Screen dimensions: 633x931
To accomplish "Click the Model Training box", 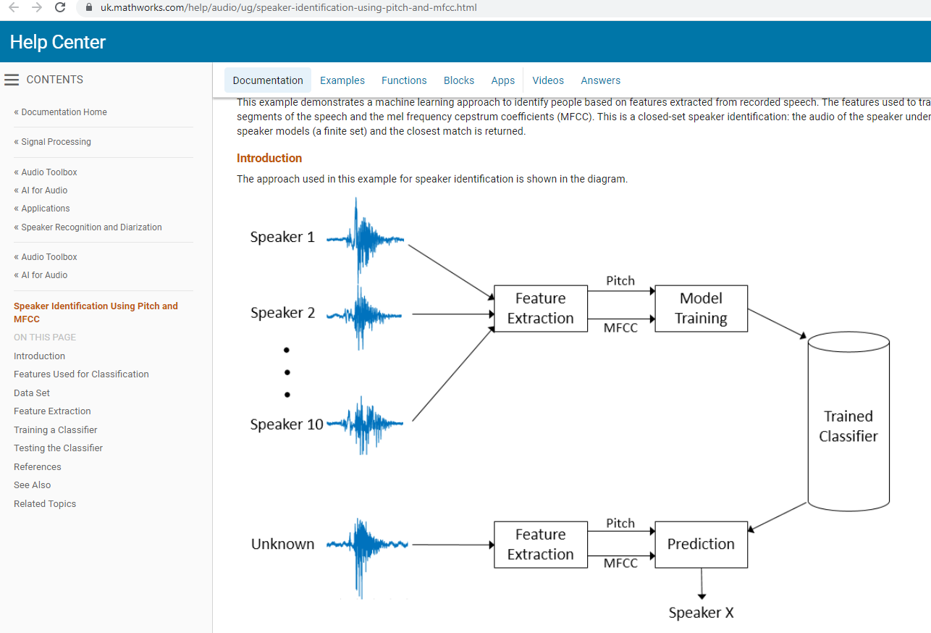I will [x=701, y=309].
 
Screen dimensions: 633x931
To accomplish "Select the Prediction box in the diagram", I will [x=701, y=545].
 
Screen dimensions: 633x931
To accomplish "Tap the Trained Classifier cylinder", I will [x=848, y=426].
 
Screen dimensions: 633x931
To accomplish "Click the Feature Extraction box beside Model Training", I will [x=540, y=309].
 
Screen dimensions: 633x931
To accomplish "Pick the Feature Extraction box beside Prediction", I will [x=540, y=545].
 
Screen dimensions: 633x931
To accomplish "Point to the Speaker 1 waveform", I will [x=365, y=238].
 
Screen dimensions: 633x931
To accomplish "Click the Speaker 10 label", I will [x=287, y=424].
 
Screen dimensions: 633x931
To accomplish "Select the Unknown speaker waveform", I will [x=366, y=545].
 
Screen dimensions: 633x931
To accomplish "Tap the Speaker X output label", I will [x=701, y=613].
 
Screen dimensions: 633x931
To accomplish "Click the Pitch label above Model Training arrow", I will [x=620, y=281].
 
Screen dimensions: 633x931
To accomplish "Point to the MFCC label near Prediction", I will [x=620, y=563].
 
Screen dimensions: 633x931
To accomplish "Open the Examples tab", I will [x=342, y=80].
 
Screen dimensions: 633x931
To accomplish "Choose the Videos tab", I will [x=548, y=80].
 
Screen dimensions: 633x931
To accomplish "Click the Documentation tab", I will [x=268, y=80].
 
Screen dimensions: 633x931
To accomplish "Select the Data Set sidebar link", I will [x=32, y=393].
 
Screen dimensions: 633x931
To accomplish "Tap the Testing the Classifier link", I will [x=58, y=448].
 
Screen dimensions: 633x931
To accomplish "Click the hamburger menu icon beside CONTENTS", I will [x=12, y=80].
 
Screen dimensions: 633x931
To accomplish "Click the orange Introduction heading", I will [x=269, y=158].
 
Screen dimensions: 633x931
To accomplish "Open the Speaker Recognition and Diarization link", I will [x=91, y=227].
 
